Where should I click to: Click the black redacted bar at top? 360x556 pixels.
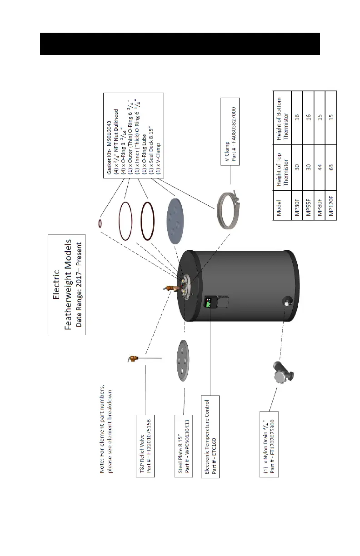pos(180,43)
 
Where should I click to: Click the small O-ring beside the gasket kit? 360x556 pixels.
pos(100,223)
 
